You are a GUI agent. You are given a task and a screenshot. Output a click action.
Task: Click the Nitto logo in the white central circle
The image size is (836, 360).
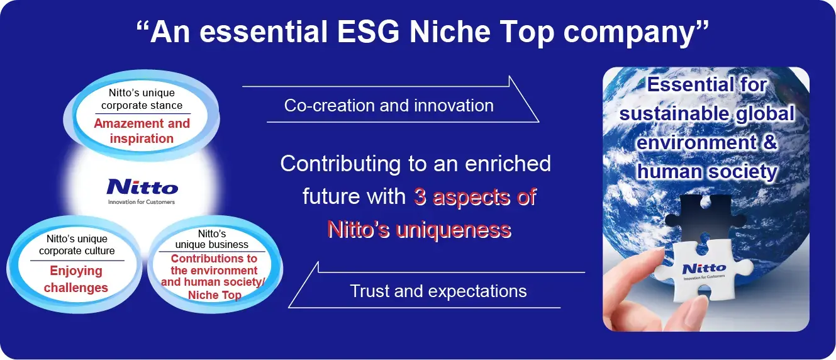tap(142, 187)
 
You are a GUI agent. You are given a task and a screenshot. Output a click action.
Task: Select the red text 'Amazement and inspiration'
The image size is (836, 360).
tap(142, 131)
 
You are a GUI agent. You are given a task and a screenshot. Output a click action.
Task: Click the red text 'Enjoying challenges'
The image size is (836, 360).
tap(75, 279)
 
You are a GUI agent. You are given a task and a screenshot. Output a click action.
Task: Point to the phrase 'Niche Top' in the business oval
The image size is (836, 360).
tap(215, 295)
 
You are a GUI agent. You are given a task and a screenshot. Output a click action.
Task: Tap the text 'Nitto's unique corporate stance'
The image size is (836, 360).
tap(142, 99)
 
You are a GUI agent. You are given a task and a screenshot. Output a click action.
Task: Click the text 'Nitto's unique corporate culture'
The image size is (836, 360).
tap(77, 245)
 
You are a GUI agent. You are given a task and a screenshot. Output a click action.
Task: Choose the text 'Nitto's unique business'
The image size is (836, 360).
tap(211, 239)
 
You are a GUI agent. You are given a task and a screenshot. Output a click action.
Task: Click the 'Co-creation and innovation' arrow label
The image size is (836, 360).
tap(389, 105)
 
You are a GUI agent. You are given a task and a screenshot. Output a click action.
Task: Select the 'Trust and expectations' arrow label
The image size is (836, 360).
tap(438, 291)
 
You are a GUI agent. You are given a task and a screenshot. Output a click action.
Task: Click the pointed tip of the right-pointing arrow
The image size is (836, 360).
tap(538, 121)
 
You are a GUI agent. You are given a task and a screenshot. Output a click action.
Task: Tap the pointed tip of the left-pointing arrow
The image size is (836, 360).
tap(289, 307)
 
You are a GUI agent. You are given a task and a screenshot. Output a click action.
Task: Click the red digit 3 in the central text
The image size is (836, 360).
tap(420, 197)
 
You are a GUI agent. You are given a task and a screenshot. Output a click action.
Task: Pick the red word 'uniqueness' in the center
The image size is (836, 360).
tap(453, 229)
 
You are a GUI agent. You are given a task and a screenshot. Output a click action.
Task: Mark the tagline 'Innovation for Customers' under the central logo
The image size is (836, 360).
tap(142, 202)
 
